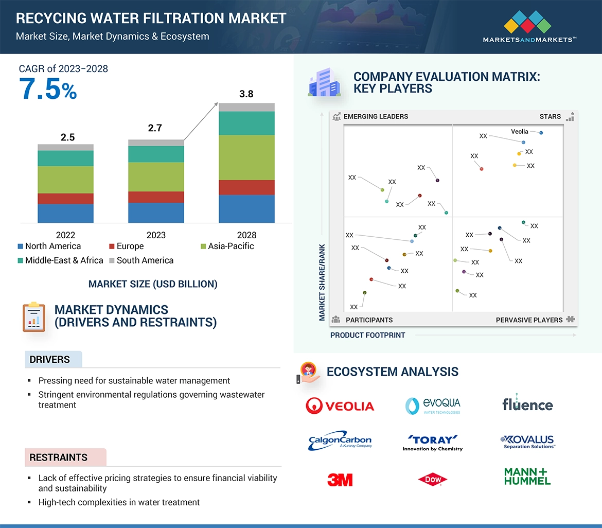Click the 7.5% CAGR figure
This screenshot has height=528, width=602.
coord(48,89)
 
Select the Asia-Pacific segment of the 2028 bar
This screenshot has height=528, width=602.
coord(246,157)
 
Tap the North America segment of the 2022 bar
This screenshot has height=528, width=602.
coord(65,213)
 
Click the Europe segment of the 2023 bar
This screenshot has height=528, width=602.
coord(156,197)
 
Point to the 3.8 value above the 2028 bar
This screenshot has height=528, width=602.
coord(246,94)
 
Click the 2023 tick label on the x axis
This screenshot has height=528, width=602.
coord(156,235)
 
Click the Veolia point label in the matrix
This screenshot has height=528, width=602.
coord(520,132)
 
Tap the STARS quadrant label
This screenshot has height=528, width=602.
coord(550,116)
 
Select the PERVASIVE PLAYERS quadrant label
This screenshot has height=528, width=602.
coord(529,320)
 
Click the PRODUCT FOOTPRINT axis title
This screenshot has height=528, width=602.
coord(368,335)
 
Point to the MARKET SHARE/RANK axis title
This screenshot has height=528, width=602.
coord(322,282)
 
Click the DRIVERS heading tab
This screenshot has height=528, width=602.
coord(50,360)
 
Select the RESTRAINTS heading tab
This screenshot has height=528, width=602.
coord(59,457)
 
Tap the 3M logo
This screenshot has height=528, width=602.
coord(340,480)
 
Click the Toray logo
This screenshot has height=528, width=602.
coord(433,442)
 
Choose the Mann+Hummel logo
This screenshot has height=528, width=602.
coord(527,477)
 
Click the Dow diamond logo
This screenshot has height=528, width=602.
coord(433,480)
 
